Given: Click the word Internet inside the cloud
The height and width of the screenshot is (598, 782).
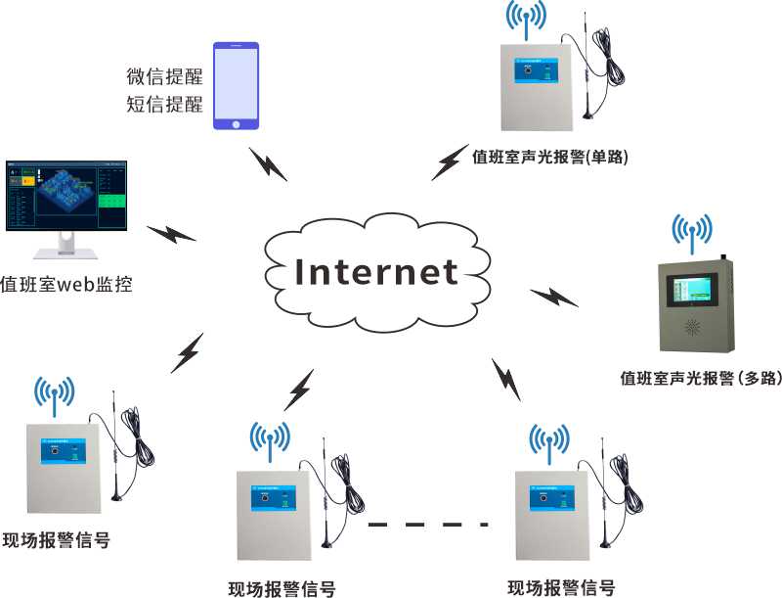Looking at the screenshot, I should [x=377, y=271].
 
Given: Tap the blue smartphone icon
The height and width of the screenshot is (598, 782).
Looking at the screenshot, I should [x=237, y=86].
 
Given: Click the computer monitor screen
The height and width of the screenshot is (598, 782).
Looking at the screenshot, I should [x=65, y=193].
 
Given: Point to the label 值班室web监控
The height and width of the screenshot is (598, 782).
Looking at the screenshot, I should [x=66, y=286].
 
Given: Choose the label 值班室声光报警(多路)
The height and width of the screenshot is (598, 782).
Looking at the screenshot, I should [x=700, y=378].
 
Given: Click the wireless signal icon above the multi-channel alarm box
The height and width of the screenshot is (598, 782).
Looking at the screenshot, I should [x=693, y=228].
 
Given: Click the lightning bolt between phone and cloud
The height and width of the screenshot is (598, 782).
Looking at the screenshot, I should [x=267, y=163].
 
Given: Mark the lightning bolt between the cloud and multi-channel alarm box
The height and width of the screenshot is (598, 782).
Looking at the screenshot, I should [x=554, y=296].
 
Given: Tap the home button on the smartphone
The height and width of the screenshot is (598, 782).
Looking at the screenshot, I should [x=237, y=124].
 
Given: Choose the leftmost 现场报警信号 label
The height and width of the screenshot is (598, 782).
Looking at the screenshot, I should [x=56, y=540].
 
